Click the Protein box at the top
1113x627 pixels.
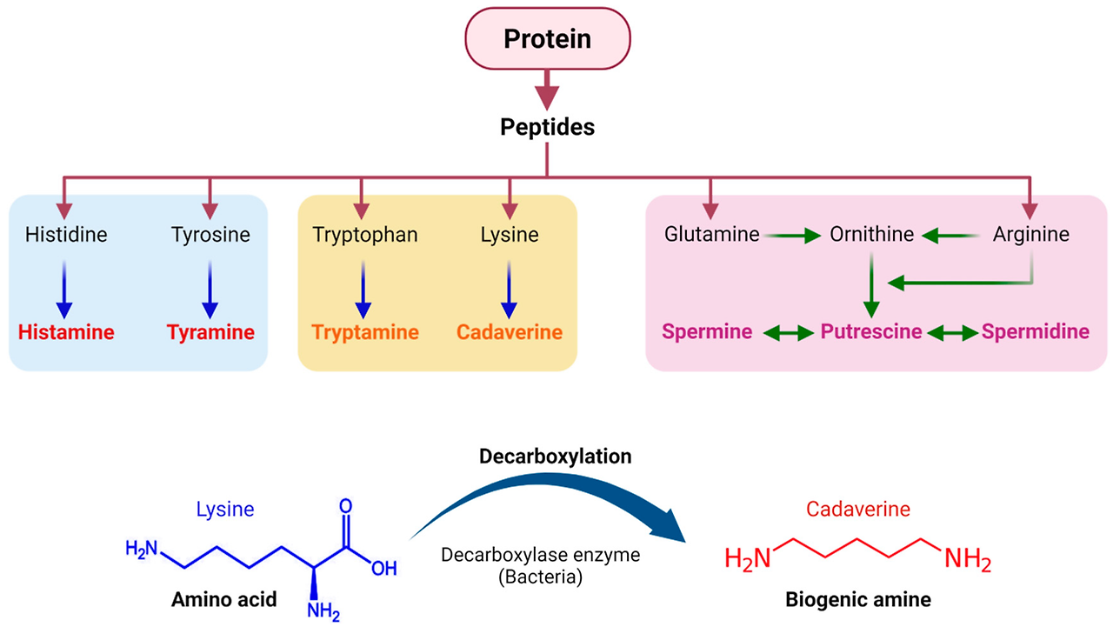547,39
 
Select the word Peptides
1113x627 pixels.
547,127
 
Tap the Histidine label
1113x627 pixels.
66,235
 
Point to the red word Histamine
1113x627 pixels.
66,332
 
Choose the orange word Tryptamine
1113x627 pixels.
365,332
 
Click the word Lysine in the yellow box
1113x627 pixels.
510,235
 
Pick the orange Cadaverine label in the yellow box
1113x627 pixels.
510,332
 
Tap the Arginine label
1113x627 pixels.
1031,235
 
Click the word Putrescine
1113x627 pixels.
872,332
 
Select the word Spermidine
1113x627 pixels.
1035,332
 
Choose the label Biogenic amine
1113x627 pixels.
857,598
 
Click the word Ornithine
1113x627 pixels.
872,235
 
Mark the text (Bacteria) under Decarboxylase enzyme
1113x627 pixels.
546,576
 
